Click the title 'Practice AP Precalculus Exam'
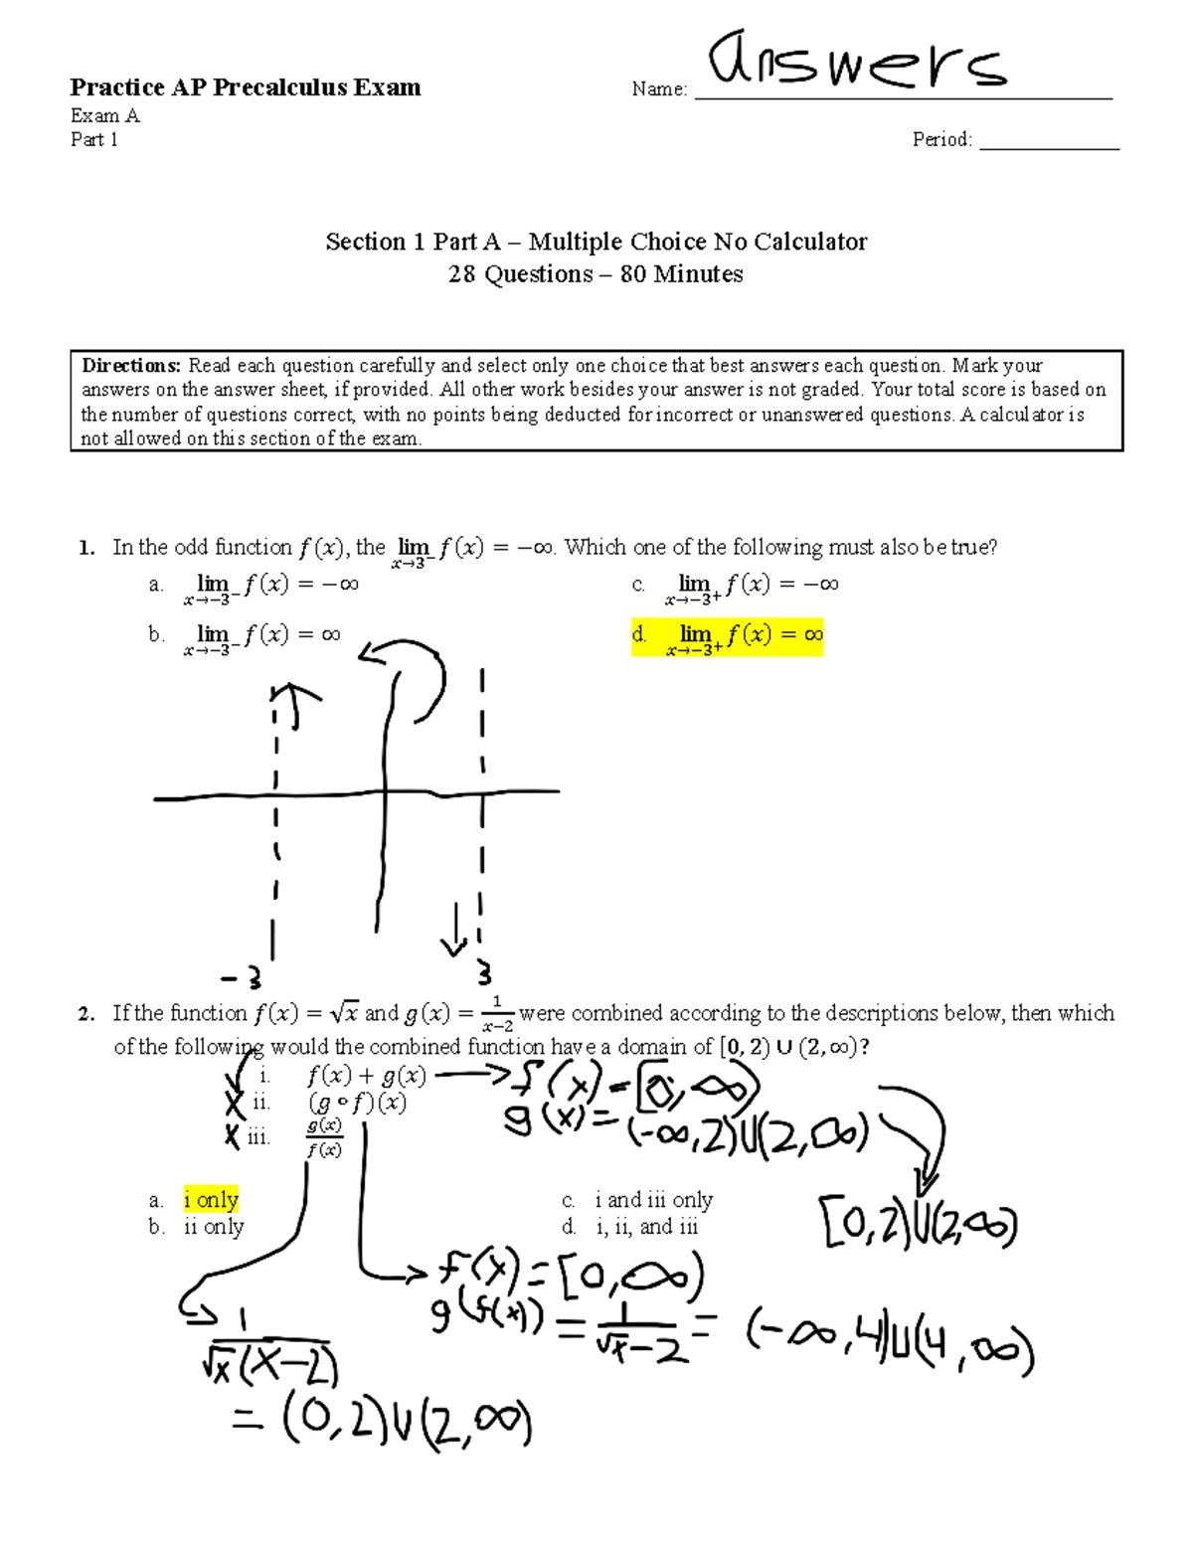246,87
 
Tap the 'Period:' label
941,140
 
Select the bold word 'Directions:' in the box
132,366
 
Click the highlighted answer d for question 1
728,635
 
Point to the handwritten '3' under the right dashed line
483,972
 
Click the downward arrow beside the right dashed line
455,931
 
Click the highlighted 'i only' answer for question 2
211,1200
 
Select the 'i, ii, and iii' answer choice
646,1227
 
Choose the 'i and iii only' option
653,1200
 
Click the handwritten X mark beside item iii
233,1136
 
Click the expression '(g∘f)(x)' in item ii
357,1103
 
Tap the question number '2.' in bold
86,1014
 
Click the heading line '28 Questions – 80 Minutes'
596,274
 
